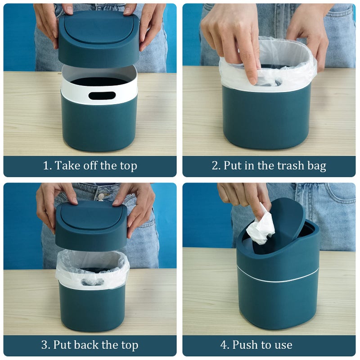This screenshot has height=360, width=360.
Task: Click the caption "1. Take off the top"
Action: click(x=90, y=166)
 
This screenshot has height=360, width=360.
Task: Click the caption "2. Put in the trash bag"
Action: click(x=269, y=166)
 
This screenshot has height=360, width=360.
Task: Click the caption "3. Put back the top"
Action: click(x=90, y=345)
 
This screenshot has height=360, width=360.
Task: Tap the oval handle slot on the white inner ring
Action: click(x=102, y=95)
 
